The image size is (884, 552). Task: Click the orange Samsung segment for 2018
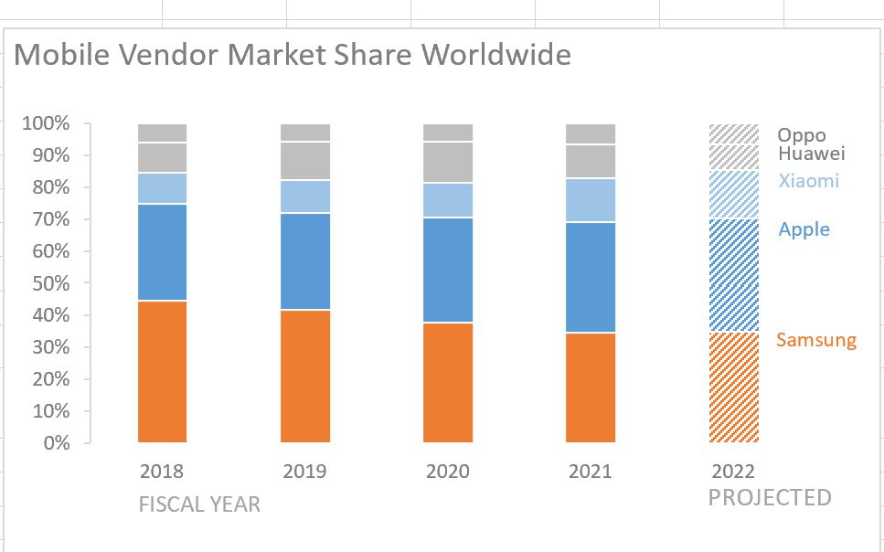point(163,371)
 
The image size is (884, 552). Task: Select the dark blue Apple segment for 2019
point(305,261)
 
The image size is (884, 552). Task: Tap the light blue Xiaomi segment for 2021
point(591,200)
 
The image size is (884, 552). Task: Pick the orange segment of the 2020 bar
point(448,382)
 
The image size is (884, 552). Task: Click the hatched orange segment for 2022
point(734,387)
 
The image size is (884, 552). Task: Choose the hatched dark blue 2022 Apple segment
point(734,275)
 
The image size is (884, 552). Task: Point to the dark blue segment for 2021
point(591,277)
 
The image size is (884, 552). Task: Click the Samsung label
point(816,341)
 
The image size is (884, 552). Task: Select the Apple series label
point(804,229)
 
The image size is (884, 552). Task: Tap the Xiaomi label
point(808,181)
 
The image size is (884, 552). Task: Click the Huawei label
point(812,154)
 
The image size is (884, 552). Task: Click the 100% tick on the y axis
point(46,123)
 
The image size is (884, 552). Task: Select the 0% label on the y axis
point(56,443)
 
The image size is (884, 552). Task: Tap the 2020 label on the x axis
point(448,472)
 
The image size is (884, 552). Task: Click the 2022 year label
point(733,472)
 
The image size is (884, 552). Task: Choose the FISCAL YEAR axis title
point(199,504)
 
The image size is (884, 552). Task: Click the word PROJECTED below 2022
point(770,498)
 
